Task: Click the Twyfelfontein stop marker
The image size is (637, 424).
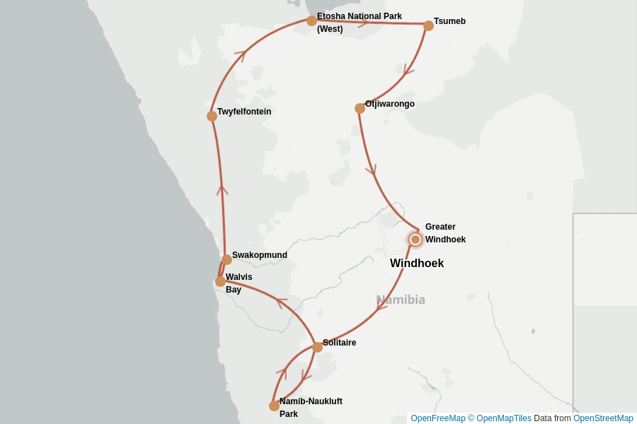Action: coord(212,116)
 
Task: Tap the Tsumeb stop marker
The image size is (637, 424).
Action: coord(428,25)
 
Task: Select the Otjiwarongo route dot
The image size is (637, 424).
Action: coord(360,108)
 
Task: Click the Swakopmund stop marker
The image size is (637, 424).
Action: coord(226,259)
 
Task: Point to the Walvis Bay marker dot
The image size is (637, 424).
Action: coord(220,281)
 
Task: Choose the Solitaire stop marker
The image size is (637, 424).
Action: coord(317,347)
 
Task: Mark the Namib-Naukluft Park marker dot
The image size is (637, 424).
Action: coord(274,406)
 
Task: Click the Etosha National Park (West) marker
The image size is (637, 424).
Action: coord(311,20)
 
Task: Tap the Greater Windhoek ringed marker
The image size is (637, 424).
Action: coord(415,240)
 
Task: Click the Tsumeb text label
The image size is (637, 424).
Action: coord(449,21)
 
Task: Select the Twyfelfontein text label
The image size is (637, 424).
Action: coord(244,112)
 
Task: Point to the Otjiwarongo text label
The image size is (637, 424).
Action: coord(390,104)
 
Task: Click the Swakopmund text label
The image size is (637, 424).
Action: coord(260,255)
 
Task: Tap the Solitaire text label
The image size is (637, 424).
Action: coord(339,343)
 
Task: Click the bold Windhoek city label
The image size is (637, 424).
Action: coord(417,264)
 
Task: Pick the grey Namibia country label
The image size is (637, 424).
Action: coord(401,300)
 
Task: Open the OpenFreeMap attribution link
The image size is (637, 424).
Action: coord(437,418)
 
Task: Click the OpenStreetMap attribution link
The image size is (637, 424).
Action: coord(603,418)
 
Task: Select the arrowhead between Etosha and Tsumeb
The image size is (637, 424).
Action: coord(363,23)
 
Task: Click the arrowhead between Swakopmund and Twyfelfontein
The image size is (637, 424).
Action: coord(222,189)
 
